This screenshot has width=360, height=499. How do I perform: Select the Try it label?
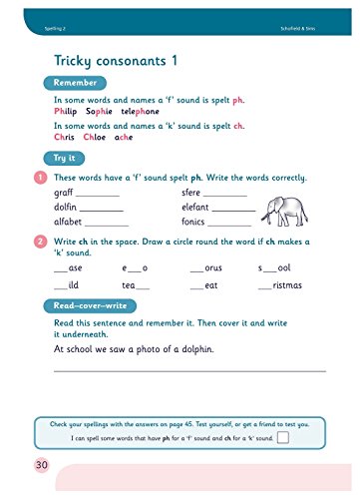(x=65, y=158)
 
